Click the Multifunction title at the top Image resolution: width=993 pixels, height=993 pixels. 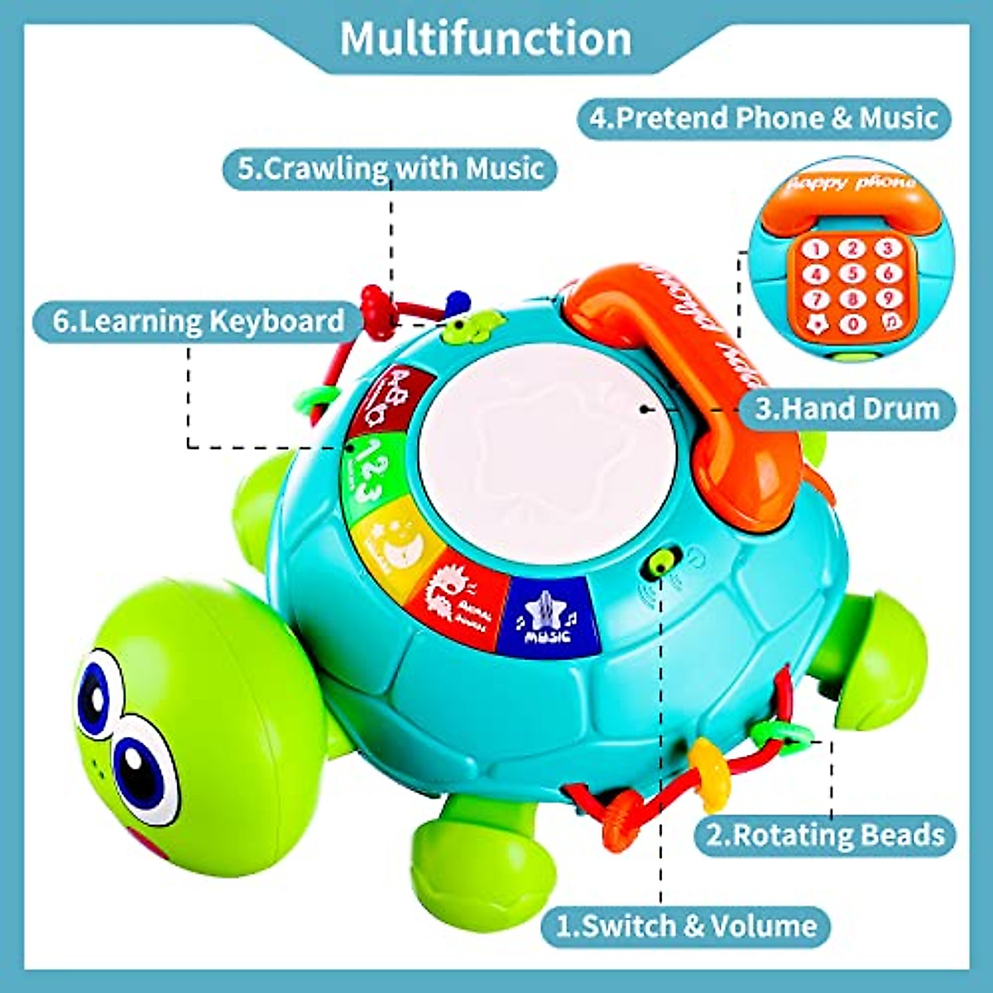pos(486,39)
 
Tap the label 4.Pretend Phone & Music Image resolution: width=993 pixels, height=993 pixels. pos(764,118)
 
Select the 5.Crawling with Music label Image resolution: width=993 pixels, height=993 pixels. pos(391,169)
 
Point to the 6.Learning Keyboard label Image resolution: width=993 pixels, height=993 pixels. pos(199,321)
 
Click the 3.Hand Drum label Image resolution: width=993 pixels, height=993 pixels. pos(847,409)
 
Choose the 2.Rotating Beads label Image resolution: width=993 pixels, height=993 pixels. pos(824,835)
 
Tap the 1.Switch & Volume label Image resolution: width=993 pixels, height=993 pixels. pos(686,925)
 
